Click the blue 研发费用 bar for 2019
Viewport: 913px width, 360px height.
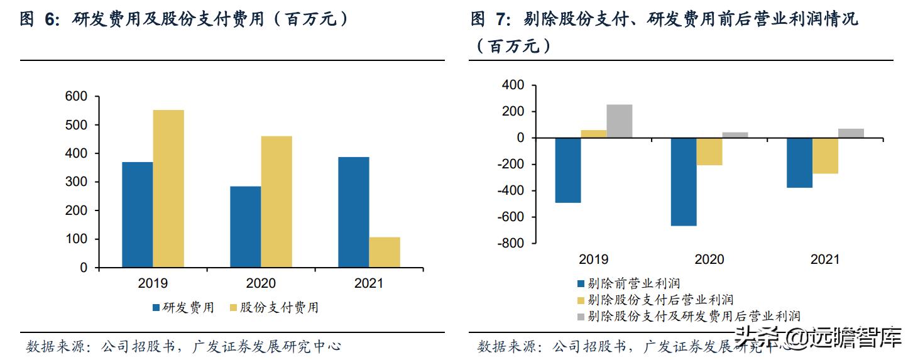[x=137, y=214]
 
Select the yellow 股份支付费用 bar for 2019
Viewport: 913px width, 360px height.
[x=168, y=188]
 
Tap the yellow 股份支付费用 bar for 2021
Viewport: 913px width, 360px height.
[x=385, y=252]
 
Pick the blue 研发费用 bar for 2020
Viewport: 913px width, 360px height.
[x=245, y=227]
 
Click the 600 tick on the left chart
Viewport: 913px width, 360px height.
[x=76, y=97]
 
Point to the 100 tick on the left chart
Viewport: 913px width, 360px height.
[x=76, y=239]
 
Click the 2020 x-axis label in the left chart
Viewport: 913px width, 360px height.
[x=260, y=283]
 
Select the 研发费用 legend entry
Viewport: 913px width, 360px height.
[x=183, y=307]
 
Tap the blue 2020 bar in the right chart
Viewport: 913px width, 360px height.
[x=684, y=182]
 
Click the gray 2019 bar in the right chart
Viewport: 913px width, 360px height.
[x=620, y=121]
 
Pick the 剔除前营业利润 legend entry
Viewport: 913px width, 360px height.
[x=628, y=284]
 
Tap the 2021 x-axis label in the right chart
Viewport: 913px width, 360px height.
[x=825, y=259]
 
